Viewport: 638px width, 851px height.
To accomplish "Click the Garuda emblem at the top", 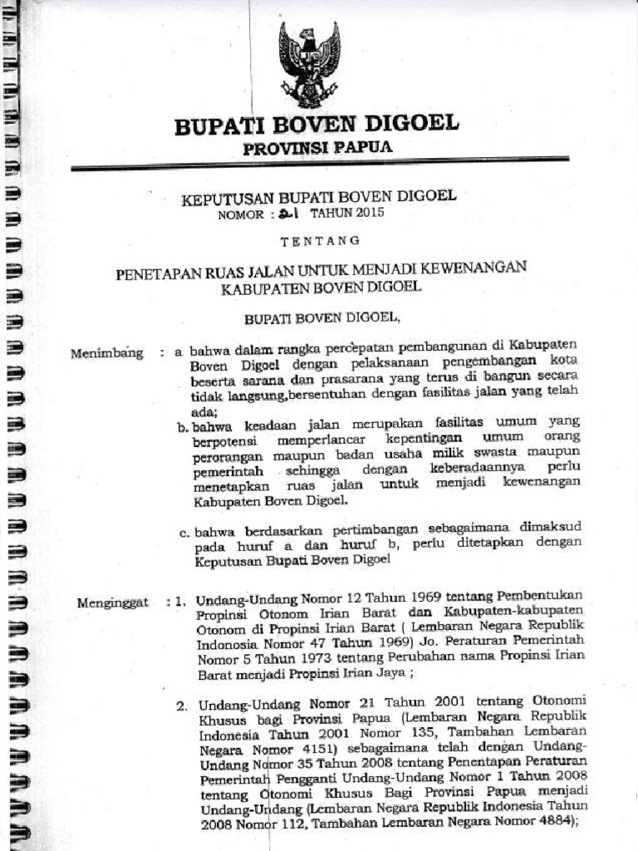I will point(309,65).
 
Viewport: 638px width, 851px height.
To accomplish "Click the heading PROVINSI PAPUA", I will point(317,147).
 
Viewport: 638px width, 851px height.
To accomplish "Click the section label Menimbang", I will point(107,354).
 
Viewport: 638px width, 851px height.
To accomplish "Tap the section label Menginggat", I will point(112,602).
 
